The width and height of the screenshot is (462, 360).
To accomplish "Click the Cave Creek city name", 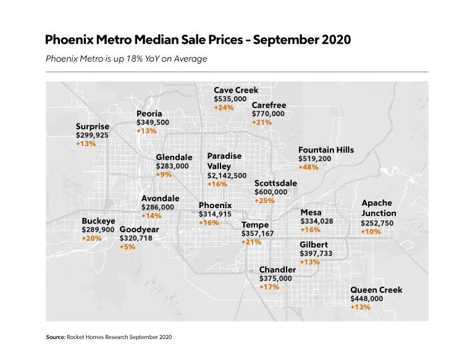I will click(236, 90).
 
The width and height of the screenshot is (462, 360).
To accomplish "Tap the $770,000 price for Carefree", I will click(268, 114).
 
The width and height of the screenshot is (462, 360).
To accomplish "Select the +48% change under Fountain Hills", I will click(308, 167).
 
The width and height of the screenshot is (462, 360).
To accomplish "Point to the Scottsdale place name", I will click(275, 183).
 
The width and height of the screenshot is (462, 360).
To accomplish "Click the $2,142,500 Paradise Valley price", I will click(227, 175).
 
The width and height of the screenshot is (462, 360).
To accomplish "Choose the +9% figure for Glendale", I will click(164, 175).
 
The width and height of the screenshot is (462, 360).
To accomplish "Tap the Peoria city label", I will click(149, 114).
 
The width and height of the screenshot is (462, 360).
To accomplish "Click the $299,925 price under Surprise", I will click(92, 135).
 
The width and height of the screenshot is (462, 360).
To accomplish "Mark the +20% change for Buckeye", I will click(91, 238).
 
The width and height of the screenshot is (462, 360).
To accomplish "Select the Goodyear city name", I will click(139, 229).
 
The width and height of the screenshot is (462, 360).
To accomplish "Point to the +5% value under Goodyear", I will click(127, 246).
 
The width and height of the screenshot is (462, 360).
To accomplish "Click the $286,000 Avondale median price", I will click(157, 207).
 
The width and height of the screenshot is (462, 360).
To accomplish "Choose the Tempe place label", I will click(255, 225).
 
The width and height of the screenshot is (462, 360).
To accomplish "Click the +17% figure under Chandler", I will click(269, 287).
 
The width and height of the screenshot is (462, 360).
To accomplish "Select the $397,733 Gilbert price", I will click(316, 253).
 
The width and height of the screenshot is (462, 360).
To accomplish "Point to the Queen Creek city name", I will click(376, 290).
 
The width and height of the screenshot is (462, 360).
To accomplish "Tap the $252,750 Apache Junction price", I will click(377, 223).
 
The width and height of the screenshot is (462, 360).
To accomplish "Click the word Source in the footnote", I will click(56, 337).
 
